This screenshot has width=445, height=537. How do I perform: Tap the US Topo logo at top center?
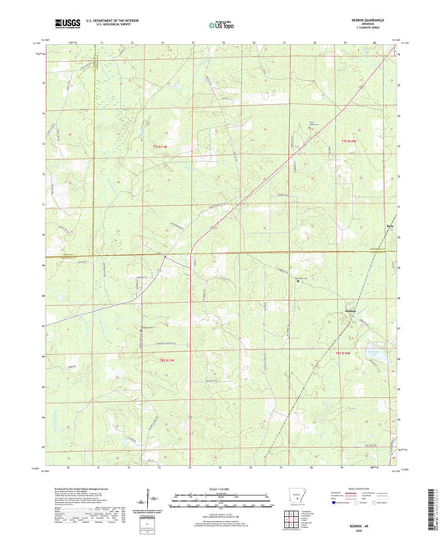(222, 25)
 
